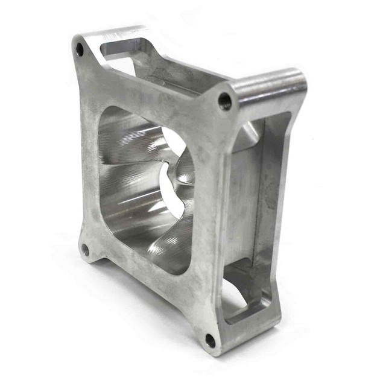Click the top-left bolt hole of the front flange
[x=79, y=50]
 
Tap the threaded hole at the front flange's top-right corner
[x=224, y=101]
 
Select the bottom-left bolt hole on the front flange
[x=85, y=249]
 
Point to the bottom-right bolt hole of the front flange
[x=210, y=340]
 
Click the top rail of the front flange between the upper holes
[x=151, y=90]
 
